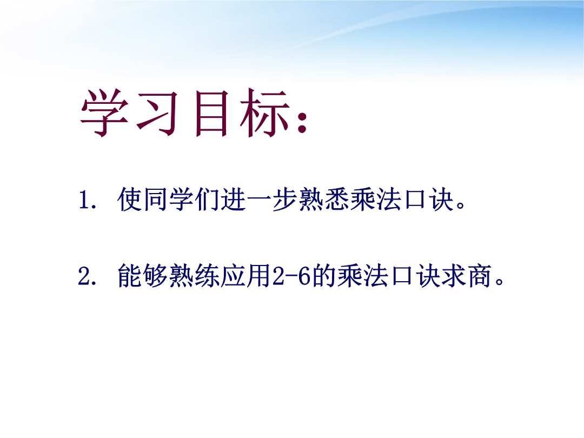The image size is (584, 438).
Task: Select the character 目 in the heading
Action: tap(211, 113)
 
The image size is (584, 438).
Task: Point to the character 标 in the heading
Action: tap(265, 113)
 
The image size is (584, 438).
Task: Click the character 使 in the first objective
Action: tap(129, 199)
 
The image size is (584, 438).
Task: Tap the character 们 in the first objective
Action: tap(207, 199)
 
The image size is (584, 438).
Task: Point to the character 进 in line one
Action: tap(233, 199)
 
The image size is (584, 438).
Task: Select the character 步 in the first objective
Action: tap(285, 199)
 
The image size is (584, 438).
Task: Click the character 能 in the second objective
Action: tap(129, 276)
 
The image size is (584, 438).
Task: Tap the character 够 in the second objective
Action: tap(155, 276)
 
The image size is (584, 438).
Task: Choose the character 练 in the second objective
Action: tap(207, 276)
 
